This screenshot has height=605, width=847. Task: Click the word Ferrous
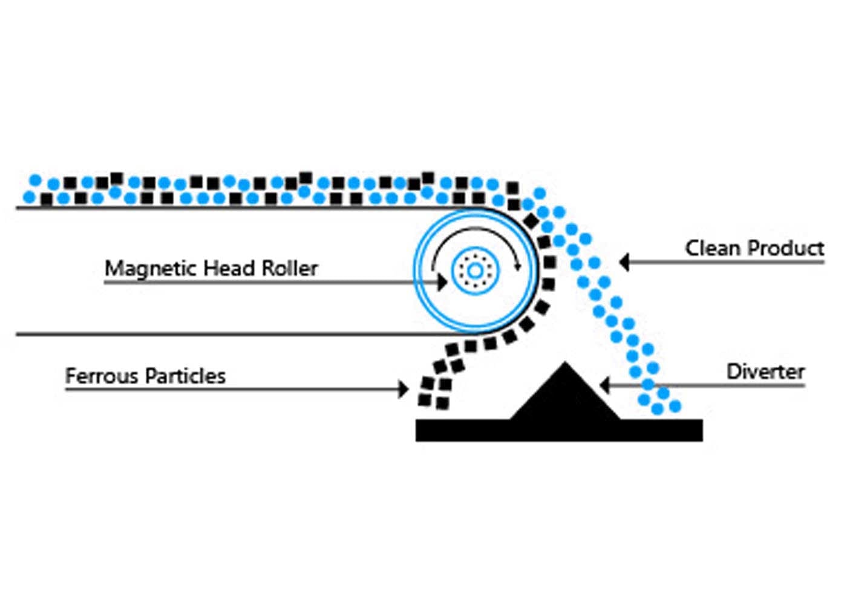point(100,376)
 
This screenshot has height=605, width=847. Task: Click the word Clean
point(712,248)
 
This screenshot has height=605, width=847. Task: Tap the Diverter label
point(765,371)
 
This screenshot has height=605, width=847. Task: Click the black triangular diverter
point(564,396)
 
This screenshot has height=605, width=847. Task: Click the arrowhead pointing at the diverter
point(604,385)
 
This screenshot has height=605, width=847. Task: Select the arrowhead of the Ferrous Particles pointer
point(404,389)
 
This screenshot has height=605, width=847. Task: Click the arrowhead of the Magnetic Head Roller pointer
point(442,282)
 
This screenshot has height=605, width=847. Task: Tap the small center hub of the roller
point(476,270)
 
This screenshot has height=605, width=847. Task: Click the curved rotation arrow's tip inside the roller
point(518,266)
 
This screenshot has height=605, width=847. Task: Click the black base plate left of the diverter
point(460,430)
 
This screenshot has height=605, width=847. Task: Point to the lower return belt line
point(242,333)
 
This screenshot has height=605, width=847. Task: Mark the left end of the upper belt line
point(18,208)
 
